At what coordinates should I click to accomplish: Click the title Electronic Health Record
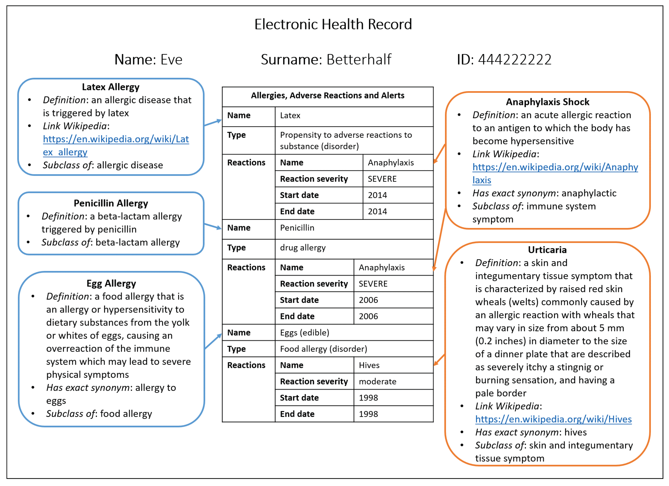(x=333, y=24)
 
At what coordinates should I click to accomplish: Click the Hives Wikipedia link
(x=553, y=419)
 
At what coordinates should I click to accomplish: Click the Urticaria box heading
(x=547, y=250)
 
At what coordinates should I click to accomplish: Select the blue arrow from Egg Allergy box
(x=213, y=342)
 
